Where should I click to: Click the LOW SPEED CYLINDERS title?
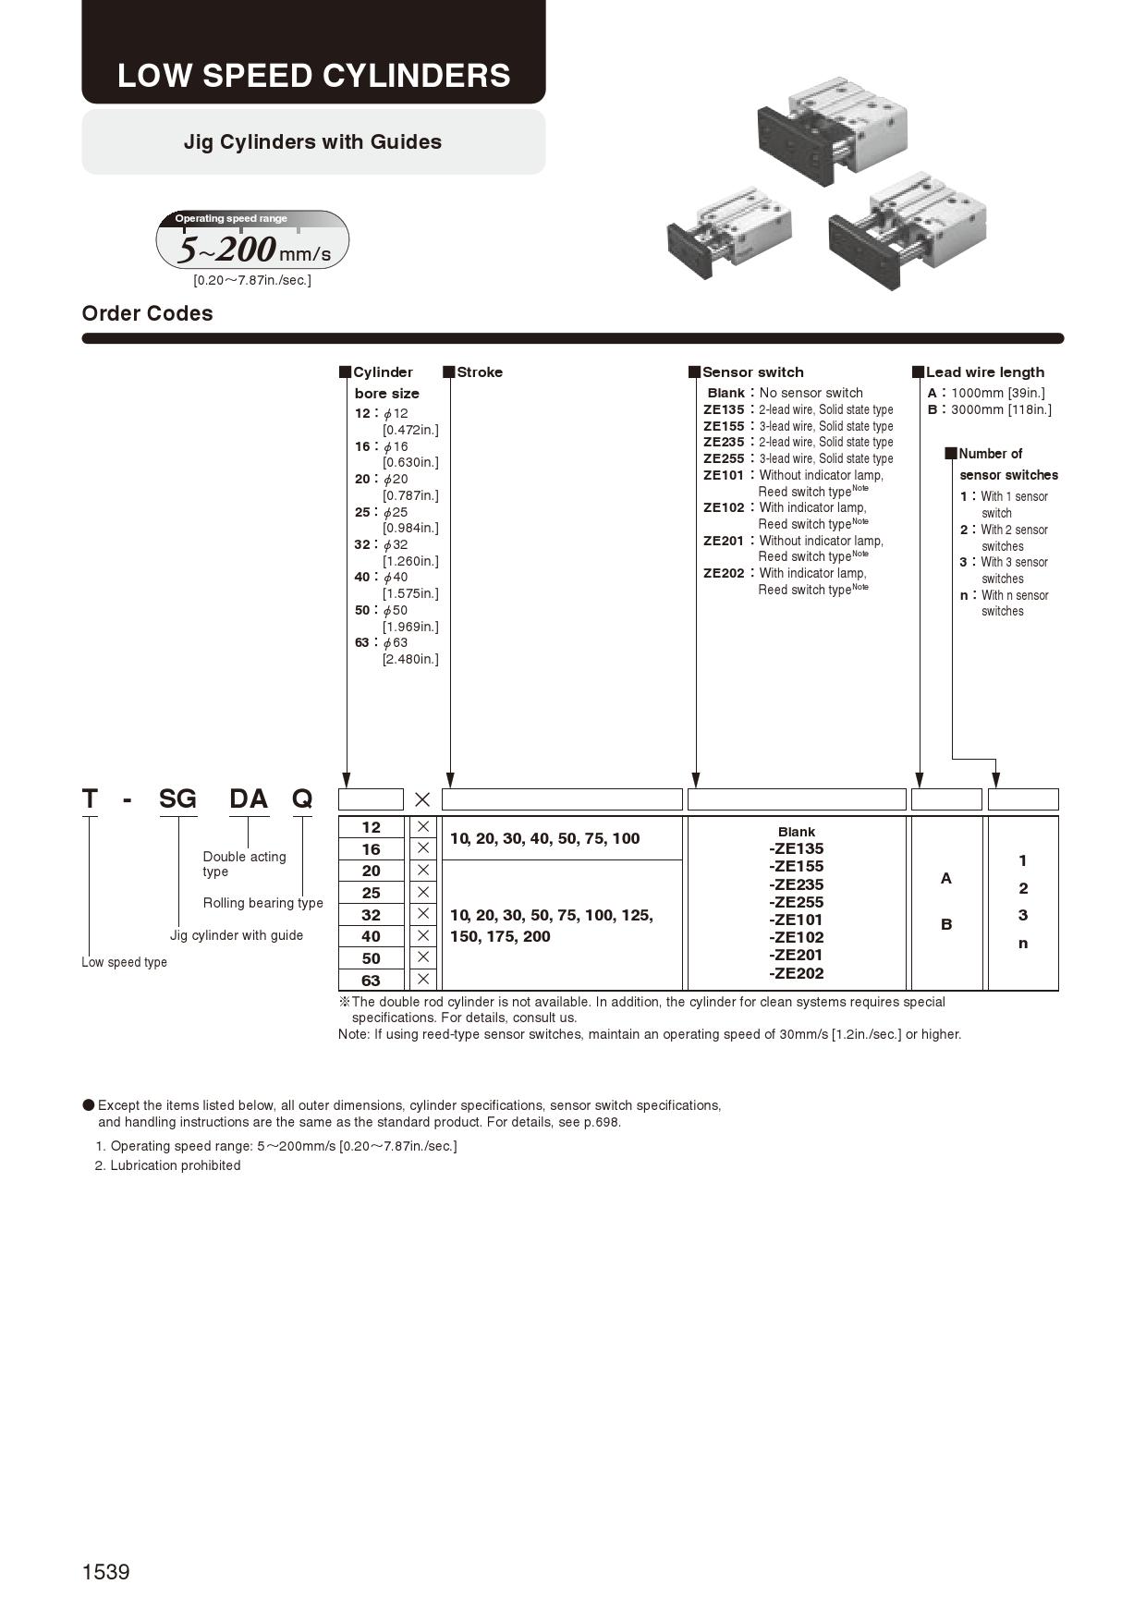[313, 75]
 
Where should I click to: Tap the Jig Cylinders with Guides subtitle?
[312, 141]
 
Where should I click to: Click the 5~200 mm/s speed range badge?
[252, 241]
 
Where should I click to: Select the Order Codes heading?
[147, 313]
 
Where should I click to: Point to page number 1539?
[105, 1572]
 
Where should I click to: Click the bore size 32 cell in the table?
[371, 914]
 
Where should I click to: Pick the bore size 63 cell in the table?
[371, 980]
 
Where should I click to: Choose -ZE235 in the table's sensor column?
[796, 884]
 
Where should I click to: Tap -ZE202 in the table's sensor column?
[796, 972]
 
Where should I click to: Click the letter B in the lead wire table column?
[945, 924]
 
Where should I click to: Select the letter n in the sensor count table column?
[1022, 943]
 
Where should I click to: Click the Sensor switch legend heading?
[752, 372]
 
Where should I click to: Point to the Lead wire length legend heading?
[984, 372]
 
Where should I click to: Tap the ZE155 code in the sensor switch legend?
[723, 426]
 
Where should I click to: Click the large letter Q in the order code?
[302, 798]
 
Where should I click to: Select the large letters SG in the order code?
[177, 798]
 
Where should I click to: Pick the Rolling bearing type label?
[262, 903]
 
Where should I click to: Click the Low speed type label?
[124, 962]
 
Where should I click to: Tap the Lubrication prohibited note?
[175, 1165]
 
